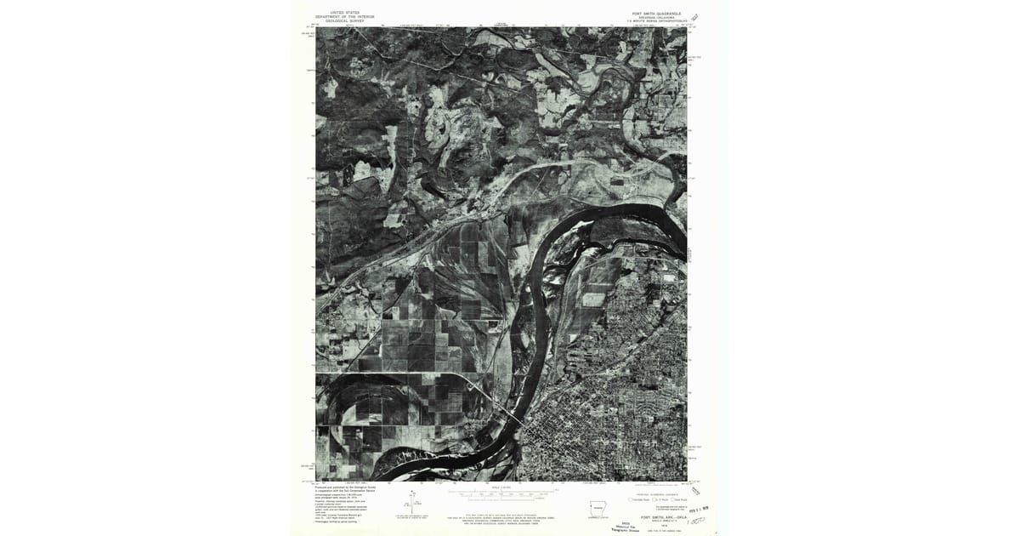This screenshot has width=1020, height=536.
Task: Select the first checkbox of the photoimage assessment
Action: pos(630,499)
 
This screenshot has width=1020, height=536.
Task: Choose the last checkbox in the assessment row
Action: pos(672,499)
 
